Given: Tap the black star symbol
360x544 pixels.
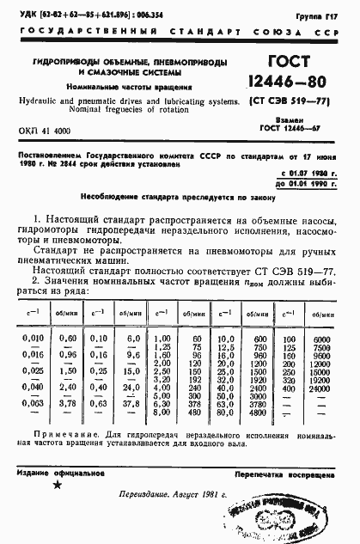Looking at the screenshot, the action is (x=58, y=485).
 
